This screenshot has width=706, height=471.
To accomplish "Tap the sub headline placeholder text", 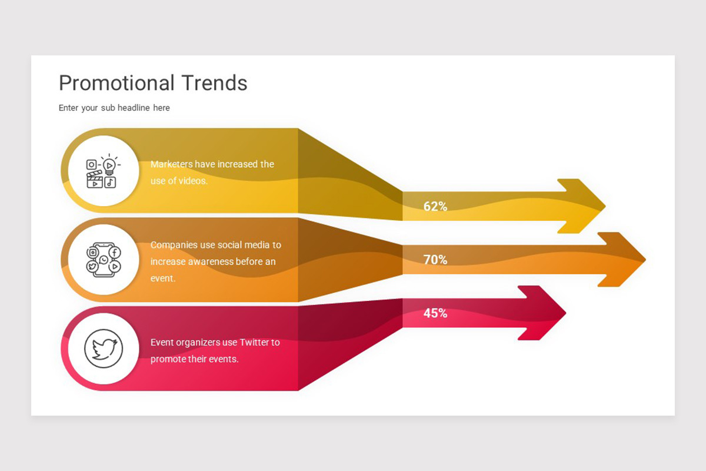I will [x=114, y=108].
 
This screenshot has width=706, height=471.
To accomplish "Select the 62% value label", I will [x=435, y=207].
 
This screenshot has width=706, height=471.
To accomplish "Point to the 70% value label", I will [x=435, y=260].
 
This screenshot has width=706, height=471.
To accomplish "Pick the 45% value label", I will [x=435, y=313].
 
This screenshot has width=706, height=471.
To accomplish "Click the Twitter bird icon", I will [x=104, y=348].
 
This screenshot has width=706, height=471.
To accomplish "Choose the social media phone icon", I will [x=104, y=260].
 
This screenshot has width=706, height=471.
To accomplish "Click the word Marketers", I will [x=171, y=164].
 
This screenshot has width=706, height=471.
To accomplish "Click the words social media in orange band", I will [x=245, y=245].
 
